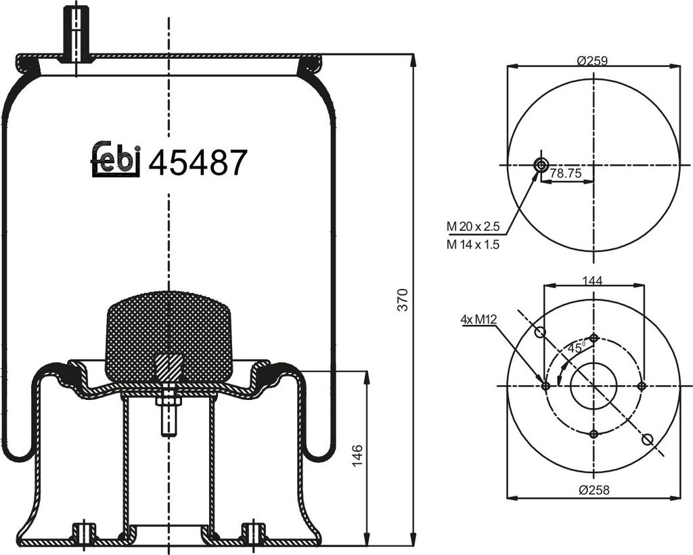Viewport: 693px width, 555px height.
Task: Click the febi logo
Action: (x=116, y=159)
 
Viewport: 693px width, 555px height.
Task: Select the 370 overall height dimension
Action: (x=402, y=300)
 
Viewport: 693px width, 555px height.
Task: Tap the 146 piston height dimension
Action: (x=357, y=455)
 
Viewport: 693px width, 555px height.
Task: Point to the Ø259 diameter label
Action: (x=592, y=60)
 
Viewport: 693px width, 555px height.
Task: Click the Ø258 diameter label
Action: (x=594, y=489)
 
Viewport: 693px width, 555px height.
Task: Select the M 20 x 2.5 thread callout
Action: (x=472, y=227)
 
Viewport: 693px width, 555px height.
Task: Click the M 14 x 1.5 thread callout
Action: (x=472, y=244)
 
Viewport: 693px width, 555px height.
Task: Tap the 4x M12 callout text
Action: (x=478, y=319)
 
